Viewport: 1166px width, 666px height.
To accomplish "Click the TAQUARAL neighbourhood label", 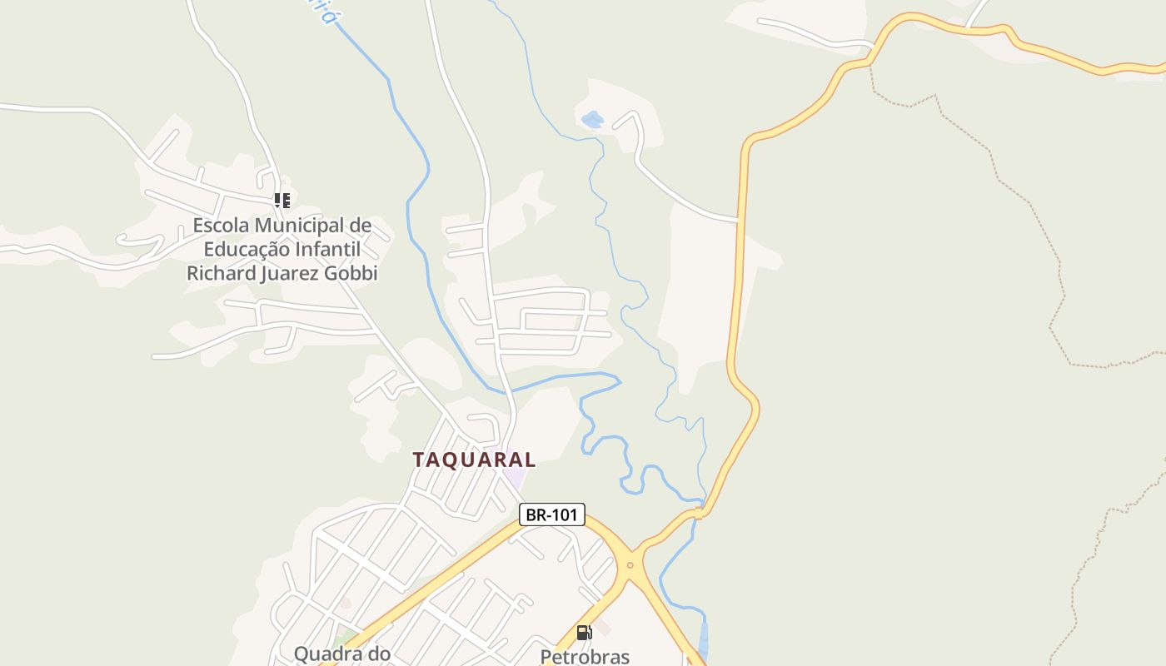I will pos(474,460).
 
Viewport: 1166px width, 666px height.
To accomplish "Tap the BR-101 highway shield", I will pos(551,514).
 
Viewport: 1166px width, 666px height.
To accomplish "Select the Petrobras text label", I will pos(585,657).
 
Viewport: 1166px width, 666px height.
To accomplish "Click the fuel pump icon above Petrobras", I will pos(584,633).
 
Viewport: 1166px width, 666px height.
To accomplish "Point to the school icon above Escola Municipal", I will pos(282,200).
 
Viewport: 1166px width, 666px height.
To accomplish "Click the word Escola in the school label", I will pos(221,226).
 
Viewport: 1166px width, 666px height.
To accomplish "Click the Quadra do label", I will pos(341,654).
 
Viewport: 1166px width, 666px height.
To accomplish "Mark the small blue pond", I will pos(592,120).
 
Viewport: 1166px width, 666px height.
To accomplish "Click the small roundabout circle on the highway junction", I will pos(630,566).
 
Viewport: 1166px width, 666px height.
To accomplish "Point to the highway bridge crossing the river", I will pos(700,512).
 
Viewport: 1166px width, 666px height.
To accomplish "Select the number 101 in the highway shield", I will pos(563,514).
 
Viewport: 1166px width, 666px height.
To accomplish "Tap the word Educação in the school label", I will pos(247,249).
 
